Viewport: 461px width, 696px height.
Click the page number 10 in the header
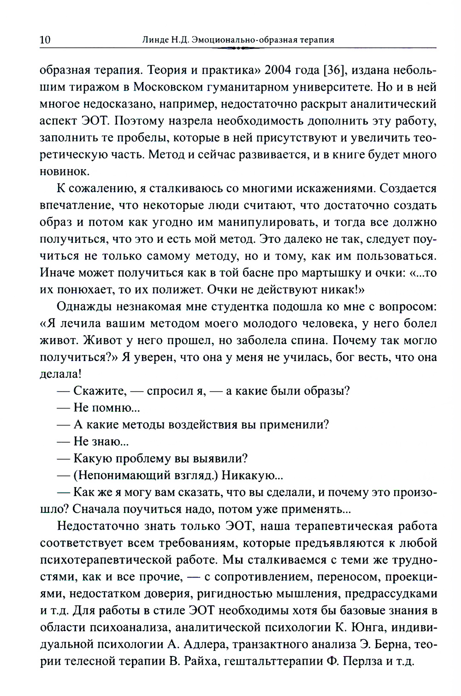[45, 40]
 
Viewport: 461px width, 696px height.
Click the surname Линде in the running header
[157, 40]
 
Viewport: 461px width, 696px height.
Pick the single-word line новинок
[64, 171]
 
